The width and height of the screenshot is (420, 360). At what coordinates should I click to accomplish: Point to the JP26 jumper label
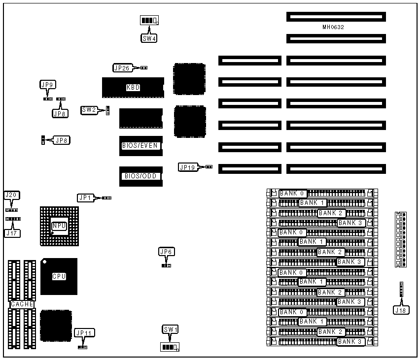(122, 68)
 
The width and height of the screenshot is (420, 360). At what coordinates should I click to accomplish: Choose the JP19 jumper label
(187, 167)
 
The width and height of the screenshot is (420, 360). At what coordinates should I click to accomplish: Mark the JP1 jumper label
(85, 197)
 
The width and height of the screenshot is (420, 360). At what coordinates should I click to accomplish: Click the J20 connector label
(11, 196)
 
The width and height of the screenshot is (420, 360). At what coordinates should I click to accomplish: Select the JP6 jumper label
(166, 252)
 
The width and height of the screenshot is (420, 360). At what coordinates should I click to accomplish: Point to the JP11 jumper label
(83, 333)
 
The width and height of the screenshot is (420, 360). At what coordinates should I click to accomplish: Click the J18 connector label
(400, 310)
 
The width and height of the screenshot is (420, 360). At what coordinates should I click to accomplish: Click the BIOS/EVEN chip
(140, 146)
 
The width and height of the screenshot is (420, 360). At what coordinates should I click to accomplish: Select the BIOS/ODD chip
(140, 176)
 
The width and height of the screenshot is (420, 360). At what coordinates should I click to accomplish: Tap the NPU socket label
(59, 226)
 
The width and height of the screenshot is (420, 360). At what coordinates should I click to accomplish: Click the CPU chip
(59, 276)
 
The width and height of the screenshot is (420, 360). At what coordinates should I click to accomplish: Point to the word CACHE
(23, 304)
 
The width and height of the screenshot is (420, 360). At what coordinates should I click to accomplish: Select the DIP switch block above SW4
(149, 21)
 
